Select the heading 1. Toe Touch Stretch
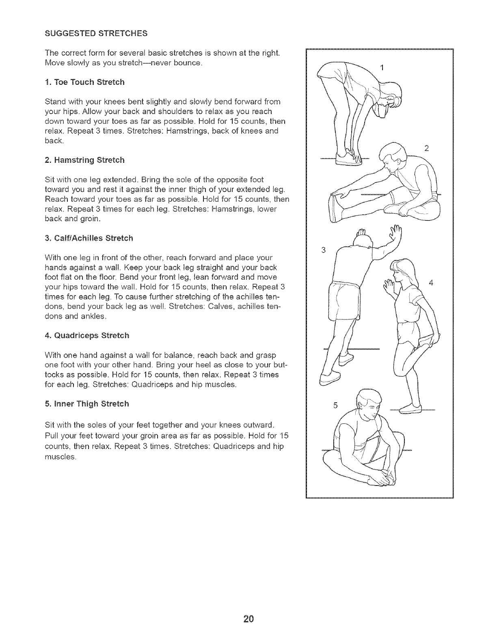click(84, 82)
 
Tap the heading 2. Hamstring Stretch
click(84, 160)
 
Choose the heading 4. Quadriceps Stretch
click(87, 336)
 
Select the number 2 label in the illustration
click(426, 148)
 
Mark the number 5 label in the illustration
click(335, 405)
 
